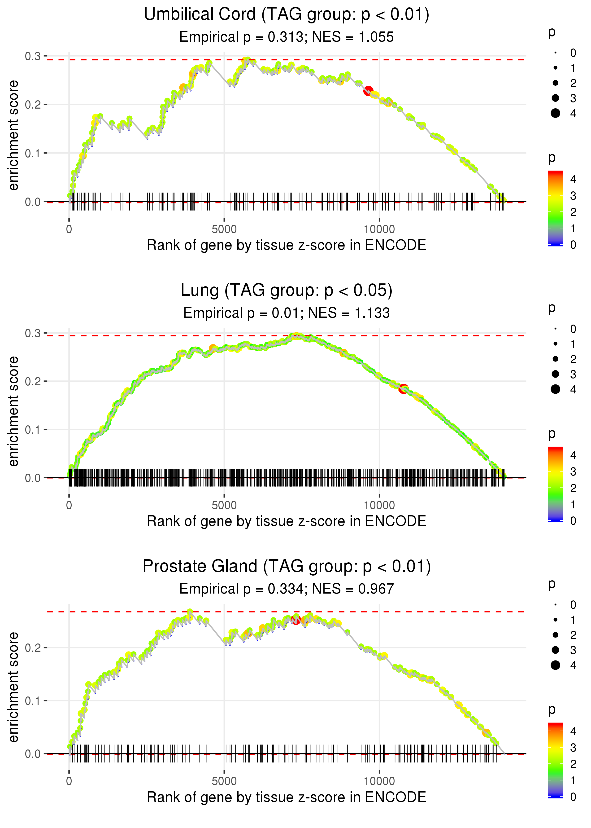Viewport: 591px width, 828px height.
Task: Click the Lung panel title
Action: (x=287, y=291)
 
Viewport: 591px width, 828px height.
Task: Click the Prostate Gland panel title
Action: (x=287, y=567)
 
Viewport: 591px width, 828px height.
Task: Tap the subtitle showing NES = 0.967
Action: (x=287, y=589)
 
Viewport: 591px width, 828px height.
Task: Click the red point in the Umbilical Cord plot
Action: (x=368, y=91)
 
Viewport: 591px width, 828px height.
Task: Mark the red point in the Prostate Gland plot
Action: (x=295, y=620)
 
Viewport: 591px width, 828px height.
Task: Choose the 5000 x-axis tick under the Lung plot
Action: (x=224, y=505)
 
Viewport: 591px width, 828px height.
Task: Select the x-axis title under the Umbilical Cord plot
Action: (x=287, y=245)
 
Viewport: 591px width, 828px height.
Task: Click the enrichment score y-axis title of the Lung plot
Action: (x=13, y=411)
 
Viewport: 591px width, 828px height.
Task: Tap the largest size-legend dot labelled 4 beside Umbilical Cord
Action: (x=555, y=113)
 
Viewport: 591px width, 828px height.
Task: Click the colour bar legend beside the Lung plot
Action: (x=555, y=484)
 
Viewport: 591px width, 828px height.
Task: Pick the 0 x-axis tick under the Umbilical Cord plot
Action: (x=69, y=229)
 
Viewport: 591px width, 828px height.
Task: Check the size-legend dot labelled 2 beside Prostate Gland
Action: (x=555, y=635)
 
